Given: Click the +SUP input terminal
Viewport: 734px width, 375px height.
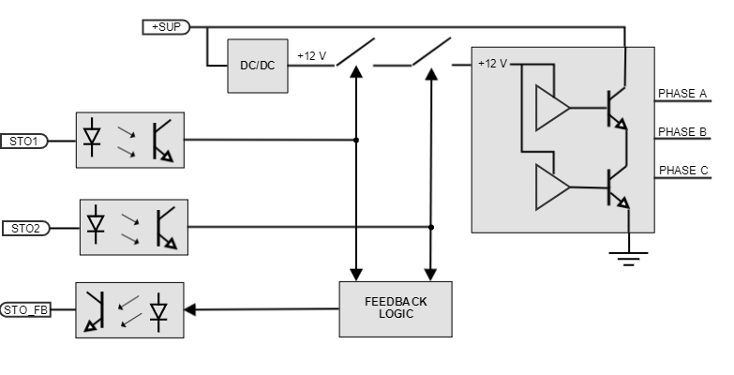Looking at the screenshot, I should (x=166, y=27).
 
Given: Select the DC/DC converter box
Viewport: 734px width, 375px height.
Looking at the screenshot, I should (x=257, y=66).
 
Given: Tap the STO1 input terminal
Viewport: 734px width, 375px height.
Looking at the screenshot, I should (x=23, y=141).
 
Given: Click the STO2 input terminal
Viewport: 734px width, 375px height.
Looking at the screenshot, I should (x=25, y=228).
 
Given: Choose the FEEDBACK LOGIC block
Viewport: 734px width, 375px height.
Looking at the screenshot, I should (x=395, y=308).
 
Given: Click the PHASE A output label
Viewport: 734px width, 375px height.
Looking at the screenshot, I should (x=682, y=94).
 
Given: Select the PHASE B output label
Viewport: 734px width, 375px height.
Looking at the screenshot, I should (x=682, y=132).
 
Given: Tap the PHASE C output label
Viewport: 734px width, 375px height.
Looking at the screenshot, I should (x=682, y=171).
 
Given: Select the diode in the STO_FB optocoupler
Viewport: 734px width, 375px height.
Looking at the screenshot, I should (x=158, y=309).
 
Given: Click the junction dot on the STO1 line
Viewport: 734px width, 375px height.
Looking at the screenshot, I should (x=356, y=140).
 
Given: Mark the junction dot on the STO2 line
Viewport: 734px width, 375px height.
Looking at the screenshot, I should (x=431, y=227).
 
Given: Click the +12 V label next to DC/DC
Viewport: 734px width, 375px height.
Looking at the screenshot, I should (x=311, y=55).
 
